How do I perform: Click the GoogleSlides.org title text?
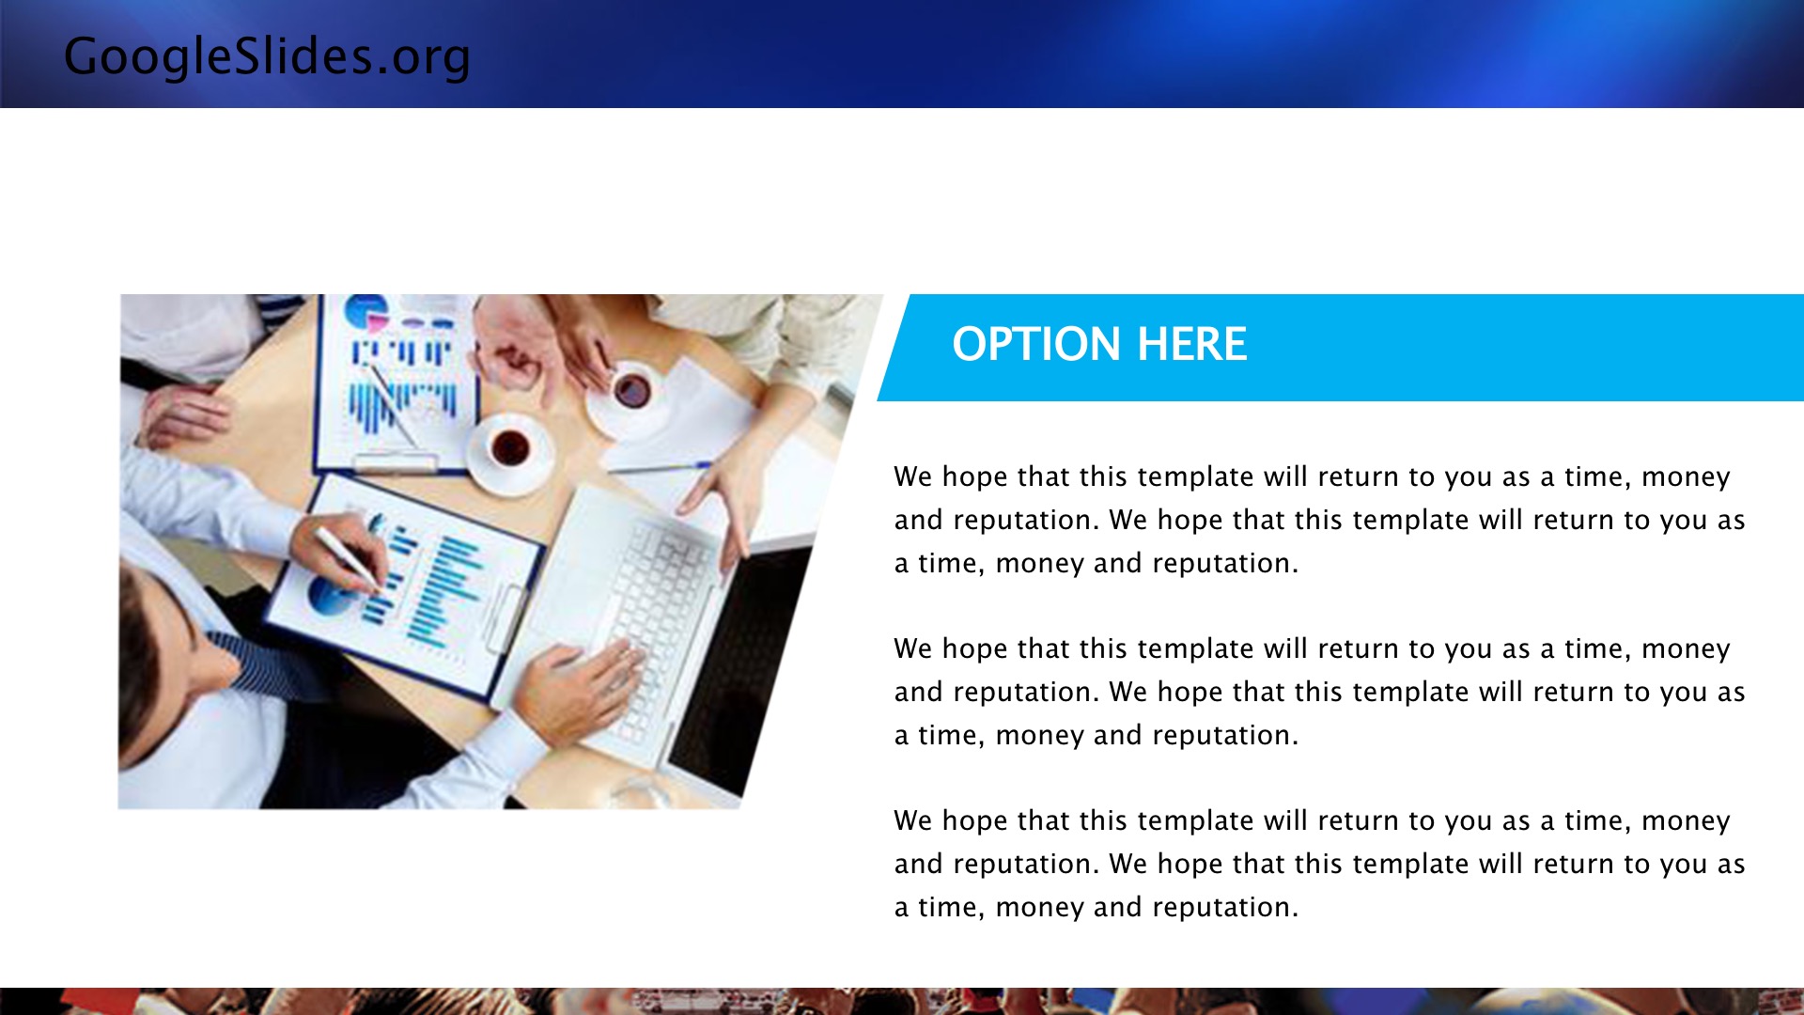(x=267, y=56)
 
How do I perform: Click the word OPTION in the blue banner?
(x=1037, y=344)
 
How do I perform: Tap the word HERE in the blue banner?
(x=1192, y=344)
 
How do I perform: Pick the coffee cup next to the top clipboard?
(x=510, y=452)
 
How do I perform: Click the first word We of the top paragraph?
(x=913, y=476)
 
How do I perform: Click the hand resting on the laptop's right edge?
(x=723, y=498)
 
